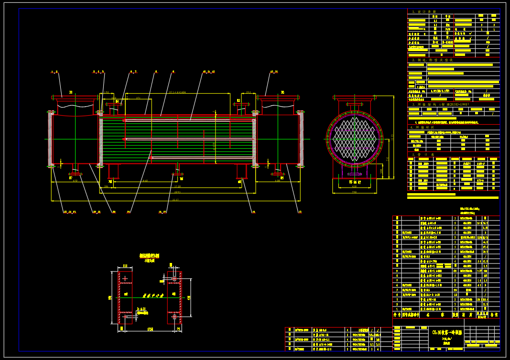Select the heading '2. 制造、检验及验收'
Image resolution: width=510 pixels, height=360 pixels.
coord(432,60)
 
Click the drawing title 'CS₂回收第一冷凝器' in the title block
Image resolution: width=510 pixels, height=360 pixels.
coord(447,332)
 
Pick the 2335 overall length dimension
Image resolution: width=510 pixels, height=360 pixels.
coord(175,200)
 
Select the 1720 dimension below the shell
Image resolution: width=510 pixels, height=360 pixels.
coord(177,186)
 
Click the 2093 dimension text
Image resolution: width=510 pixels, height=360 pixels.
coord(177,193)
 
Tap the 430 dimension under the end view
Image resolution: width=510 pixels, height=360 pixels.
coord(354,186)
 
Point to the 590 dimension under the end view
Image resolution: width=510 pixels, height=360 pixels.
coord(354,193)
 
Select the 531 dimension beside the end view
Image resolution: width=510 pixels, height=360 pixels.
coord(387,159)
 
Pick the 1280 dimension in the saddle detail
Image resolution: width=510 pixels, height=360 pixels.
coord(150,329)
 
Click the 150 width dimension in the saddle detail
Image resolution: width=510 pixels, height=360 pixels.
coord(125,266)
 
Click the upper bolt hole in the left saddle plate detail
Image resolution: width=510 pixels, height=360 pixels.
coord(125,278)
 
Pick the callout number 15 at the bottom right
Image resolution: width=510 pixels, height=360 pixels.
coord(300,211)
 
